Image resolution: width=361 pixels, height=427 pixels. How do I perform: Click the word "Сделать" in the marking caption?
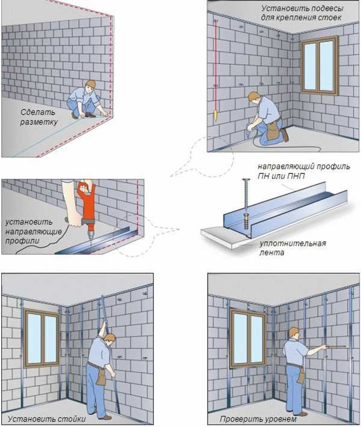38,112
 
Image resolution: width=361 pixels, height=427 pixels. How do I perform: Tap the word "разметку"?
39,122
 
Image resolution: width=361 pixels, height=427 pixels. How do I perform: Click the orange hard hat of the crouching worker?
91,83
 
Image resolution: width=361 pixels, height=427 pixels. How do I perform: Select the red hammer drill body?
88,202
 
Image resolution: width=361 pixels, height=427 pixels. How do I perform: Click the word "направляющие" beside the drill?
34,232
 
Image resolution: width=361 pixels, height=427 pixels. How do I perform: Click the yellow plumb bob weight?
215,115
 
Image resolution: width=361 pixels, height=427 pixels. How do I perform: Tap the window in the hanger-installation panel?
319,65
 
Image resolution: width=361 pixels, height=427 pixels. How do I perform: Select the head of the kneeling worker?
254,97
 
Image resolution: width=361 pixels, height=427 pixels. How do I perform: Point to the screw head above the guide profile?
246,180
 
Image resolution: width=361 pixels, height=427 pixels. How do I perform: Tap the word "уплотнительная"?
292,243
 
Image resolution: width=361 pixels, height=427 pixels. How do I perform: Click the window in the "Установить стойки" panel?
42,339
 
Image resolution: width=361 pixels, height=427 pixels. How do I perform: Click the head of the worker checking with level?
294,333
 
